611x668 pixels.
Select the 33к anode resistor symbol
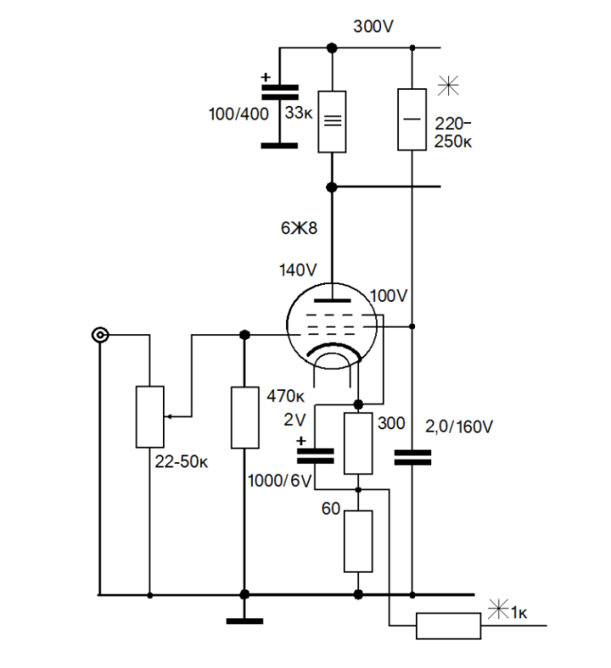pyautogui.click(x=331, y=121)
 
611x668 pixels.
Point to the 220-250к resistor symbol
pyautogui.click(x=412, y=119)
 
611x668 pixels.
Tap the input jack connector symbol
pyautogui.click(x=100, y=336)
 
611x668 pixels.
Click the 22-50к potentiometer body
pyautogui.click(x=149, y=416)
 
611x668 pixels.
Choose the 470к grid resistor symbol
pyautogui.click(x=244, y=417)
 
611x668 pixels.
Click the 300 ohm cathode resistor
pyautogui.click(x=358, y=443)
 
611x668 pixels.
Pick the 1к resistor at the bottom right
pyautogui.click(x=447, y=627)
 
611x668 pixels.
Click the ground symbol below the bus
pyautogui.click(x=244, y=622)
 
